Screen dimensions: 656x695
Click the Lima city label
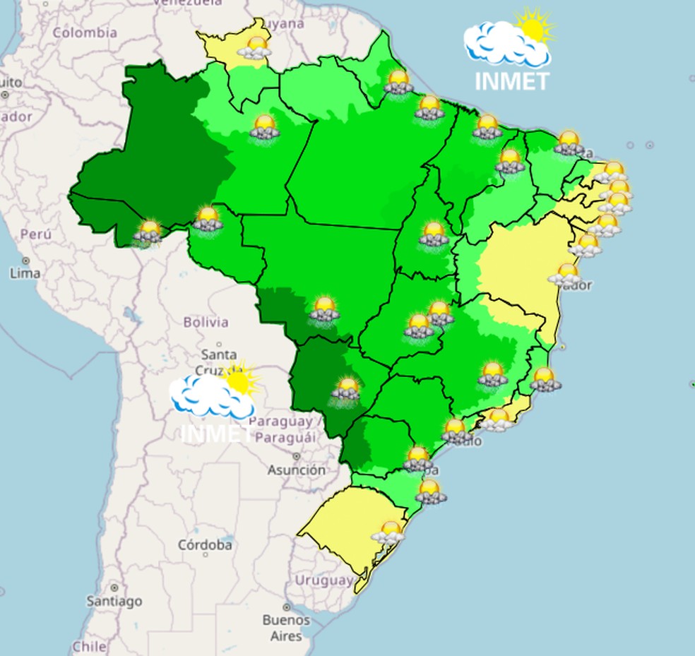click(25, 273)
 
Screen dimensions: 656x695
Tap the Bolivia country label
click(206, 322)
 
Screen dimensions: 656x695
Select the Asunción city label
click(297, 470)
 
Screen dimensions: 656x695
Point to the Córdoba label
click(205, 545)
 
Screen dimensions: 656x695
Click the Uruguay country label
click(324, 580)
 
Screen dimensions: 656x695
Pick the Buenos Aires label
click(286, 628)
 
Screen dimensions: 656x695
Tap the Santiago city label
click(114, 602)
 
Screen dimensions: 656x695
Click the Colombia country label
click(85, 32)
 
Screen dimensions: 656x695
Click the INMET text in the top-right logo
click(511, 81)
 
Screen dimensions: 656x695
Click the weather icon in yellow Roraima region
click(255, 48)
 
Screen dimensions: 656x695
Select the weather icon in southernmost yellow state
click(388, 532)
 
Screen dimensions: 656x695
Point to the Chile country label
click(89, 646)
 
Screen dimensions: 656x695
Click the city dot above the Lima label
click(25, 261)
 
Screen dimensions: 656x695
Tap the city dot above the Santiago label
click(114, 588)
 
